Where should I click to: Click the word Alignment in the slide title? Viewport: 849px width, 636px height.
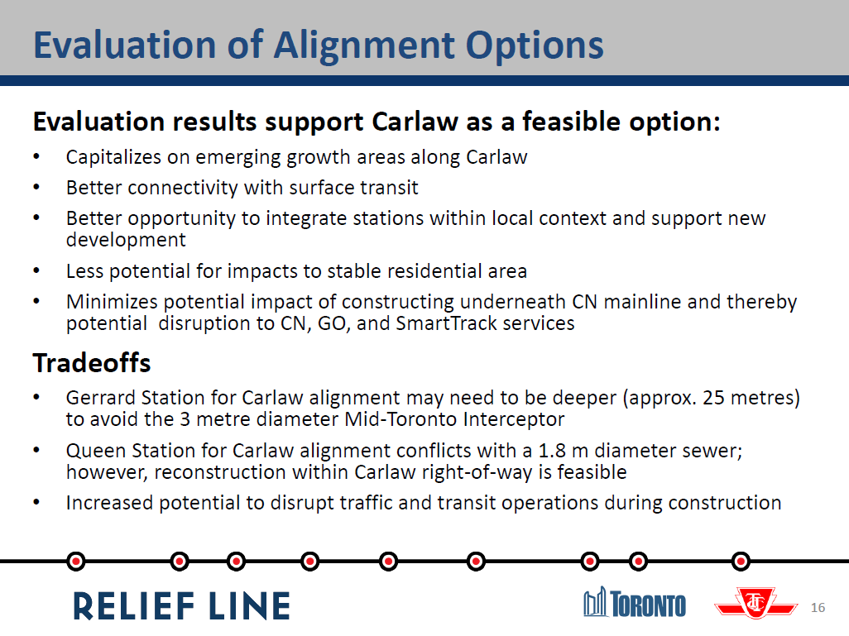pos(364,46)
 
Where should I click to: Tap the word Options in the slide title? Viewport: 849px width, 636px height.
pos(535,46)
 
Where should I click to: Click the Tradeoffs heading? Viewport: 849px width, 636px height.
pos(92,362)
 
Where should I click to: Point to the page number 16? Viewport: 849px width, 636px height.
pos(818,607)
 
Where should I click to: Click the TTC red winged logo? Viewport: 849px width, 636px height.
pos(755,603)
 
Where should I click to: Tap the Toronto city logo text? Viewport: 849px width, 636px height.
pos(648,604)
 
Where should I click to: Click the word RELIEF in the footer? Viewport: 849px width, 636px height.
pos(134,605)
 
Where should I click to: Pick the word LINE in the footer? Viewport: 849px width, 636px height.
pos(250,605)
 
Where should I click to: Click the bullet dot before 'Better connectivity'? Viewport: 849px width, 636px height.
pos(36,187)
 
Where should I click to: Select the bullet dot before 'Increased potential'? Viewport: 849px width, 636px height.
pos(36,502)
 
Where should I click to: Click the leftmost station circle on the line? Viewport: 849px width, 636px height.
pos(76,562)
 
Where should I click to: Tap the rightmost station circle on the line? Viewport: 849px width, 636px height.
pos(741,562)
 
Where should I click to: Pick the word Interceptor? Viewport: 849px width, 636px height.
pos(514,419)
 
